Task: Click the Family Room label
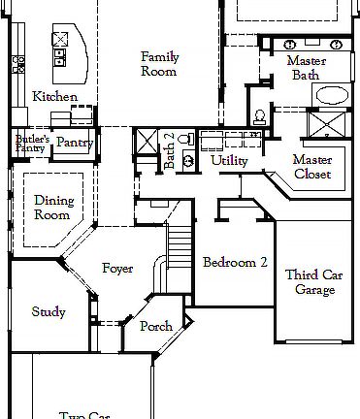[159, 64]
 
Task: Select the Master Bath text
[305, 68]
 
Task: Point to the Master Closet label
[311, 167]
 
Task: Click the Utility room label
[229, 160]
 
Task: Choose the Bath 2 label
[169, 150]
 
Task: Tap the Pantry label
[73, 143]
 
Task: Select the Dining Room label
[53, 208]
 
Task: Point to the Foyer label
[117, 269]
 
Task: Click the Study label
[49, 312]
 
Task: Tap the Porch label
[155, 327]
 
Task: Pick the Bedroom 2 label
[234, 262]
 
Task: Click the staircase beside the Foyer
[177, 246]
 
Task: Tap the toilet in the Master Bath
[259, 116]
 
